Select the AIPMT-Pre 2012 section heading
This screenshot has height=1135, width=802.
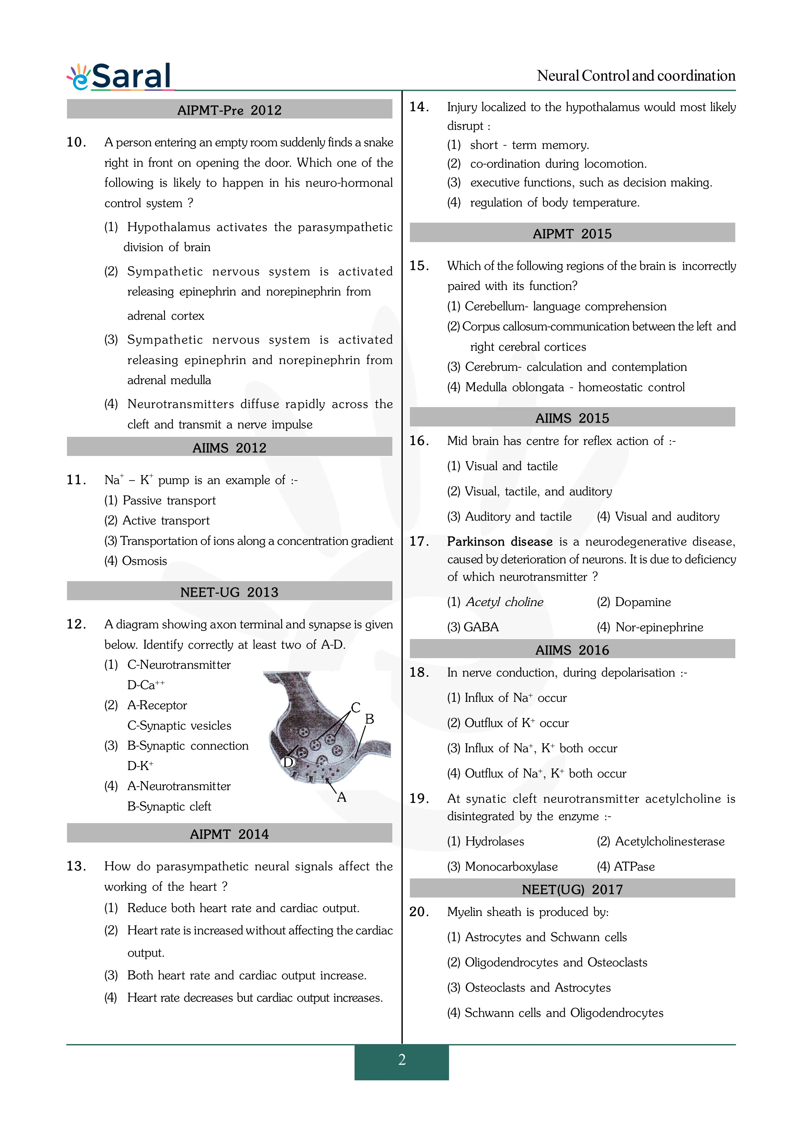point(229,110)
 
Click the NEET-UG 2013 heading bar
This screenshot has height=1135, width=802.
point(229,592)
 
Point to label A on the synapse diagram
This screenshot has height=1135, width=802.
point(341,797)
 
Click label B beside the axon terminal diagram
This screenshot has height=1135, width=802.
point(369,719)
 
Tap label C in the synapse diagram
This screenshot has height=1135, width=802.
point(355,707)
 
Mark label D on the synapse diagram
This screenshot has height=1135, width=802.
point(288,762)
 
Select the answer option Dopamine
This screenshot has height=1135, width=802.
point(643,602)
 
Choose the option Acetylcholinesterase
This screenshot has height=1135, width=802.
point(670,841)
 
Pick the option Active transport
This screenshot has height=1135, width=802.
point(166,521)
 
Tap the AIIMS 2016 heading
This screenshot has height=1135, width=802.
point(572,650)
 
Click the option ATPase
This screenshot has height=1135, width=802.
point(634,866)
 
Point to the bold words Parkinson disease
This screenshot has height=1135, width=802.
point(500,542)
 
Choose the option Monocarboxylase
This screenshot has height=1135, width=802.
point(511,866)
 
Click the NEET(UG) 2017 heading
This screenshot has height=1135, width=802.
point(572,889)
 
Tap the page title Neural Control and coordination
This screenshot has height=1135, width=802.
point(636,76)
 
